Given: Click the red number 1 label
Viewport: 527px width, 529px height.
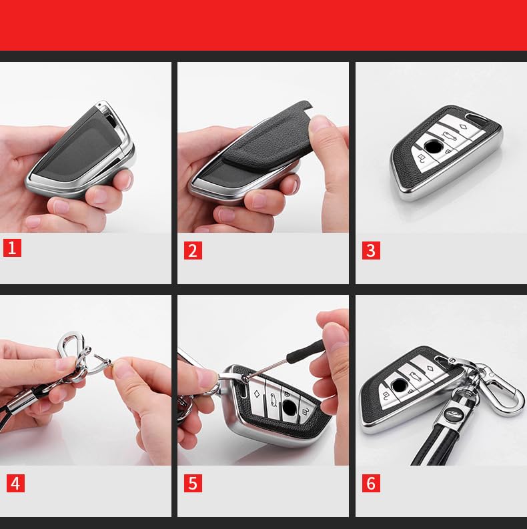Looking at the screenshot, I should pyautogui.click(x=12, y=248).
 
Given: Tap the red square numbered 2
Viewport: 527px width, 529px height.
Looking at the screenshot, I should pyautogui.click(x=193, y=250).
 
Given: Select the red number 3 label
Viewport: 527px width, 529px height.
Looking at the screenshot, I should pyautogui.click(x=371, y=250).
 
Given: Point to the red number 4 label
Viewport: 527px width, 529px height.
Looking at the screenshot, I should pyautogui.click(x=15, y=483).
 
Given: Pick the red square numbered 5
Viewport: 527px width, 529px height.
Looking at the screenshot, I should pyautogui.click(x=193, y=484).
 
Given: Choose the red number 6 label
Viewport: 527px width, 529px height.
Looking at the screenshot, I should pyautogui.click(x=371, y=484).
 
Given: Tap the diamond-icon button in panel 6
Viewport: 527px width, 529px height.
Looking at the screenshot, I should pyautogui.click(x=429, y=367).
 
